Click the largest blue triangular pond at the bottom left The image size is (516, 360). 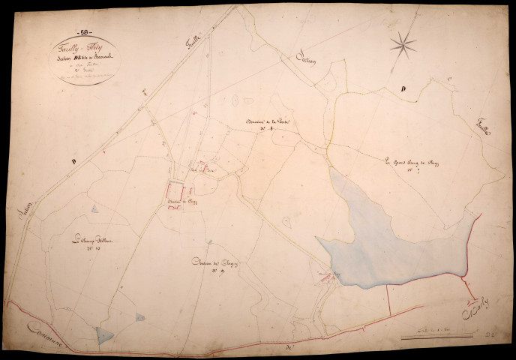[106, 337]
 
